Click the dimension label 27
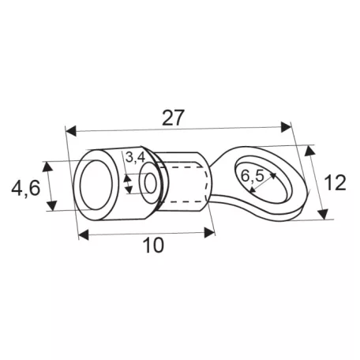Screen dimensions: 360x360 coord(172,118)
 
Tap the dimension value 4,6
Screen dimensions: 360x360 coord(26,189)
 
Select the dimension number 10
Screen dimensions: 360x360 coord(153,245)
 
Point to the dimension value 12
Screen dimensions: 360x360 coord(335,182)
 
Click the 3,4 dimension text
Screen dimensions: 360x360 coord(135,158)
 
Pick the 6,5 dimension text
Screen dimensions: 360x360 coord(253,176)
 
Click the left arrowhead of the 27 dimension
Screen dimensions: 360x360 coord(71,131)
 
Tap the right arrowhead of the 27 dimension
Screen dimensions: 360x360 coord(286,127)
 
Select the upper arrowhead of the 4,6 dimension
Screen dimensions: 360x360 coord(47,167)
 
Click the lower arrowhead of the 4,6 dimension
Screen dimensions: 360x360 coord(52,205)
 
